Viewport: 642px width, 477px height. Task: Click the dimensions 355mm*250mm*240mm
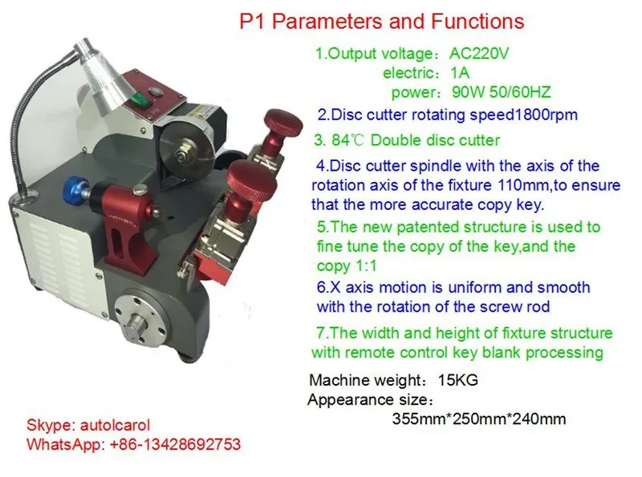coord(479,418)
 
